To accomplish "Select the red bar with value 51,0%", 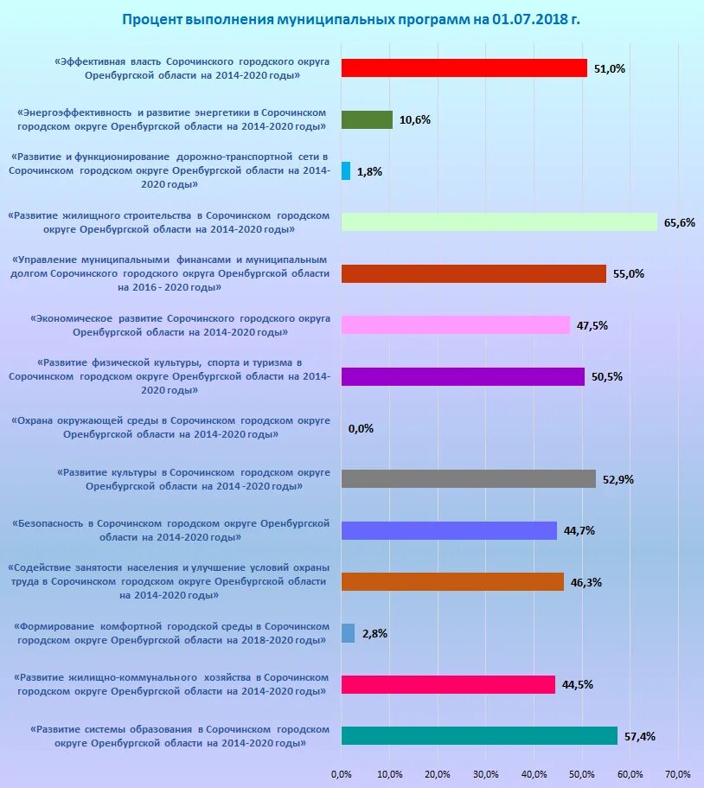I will (464, 68).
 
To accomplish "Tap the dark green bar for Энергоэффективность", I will (367, 120).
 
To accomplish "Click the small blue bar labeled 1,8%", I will (346, 170).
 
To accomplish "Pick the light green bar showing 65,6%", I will (499, 222).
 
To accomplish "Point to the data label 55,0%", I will (629, 273).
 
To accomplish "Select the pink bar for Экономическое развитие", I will (456, 324).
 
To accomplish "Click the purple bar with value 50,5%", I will (463, 376).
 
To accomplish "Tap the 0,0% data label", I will (361, 428).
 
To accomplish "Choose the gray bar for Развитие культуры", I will (469, 478).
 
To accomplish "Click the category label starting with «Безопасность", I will (171, 530).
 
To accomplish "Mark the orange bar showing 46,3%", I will (452, 581).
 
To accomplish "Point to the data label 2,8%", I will (374, 633).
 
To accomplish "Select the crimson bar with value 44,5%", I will (448, 684).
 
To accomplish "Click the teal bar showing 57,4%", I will (479, 736).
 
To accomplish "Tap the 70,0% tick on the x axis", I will (678, 773).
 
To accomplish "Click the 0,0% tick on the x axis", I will (342, 773).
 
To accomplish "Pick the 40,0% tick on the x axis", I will (534, 773).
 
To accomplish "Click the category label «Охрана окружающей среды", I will (171, 427).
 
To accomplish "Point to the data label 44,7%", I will (579, 530).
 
